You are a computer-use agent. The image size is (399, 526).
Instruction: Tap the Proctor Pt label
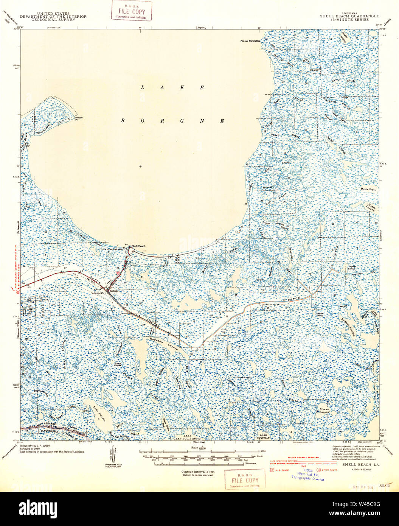[79, 118]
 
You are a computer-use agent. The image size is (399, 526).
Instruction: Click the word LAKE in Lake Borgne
[173, 87]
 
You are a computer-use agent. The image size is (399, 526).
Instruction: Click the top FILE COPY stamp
[131, 11]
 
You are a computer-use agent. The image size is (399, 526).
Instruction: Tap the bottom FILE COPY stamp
[245, 479]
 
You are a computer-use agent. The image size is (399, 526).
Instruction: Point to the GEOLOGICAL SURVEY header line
[53, 20]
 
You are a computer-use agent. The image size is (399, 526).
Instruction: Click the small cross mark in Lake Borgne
[140, 166]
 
